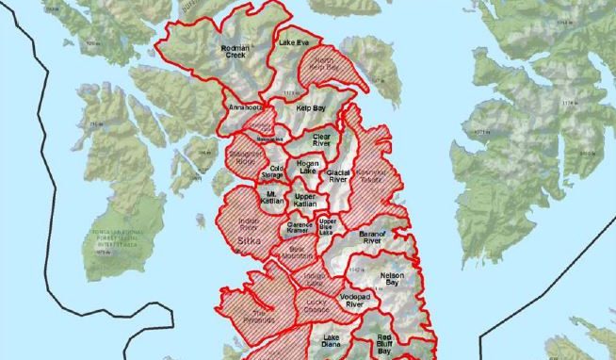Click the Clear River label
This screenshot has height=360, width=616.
(322, 139)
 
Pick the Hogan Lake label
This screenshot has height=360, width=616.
(308, 167)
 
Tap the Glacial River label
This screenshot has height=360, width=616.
(337, 176)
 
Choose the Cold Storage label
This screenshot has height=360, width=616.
(272, 172)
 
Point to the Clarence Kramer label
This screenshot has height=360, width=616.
(300, 228)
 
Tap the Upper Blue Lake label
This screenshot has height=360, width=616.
(328, 226)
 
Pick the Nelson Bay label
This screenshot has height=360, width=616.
(392, 280)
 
